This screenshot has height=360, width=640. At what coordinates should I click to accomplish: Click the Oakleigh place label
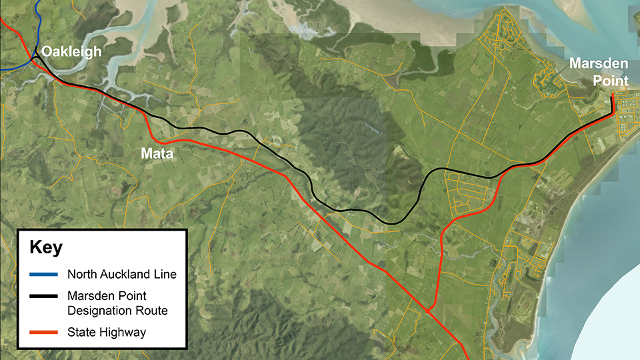pyautogui.click(x=71, y=52)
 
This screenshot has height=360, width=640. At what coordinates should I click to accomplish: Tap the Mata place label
pyautogui.click(x=157, y=154)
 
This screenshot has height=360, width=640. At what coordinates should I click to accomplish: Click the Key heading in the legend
pyautogui.click(x=46, y=248)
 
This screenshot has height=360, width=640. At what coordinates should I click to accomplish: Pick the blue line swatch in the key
pyautogui.click(x=41, y=275)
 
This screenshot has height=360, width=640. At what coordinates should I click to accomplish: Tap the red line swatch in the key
pyautogui.click(x=41, y=331)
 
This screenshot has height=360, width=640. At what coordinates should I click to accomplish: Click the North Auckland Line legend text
pyautogui.click(x=121, y=275)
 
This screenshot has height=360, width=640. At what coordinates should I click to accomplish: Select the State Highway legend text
pyautogui.click(x=105, y=331)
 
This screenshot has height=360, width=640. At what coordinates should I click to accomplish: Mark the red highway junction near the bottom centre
pyautogui.click(x=427, y=311)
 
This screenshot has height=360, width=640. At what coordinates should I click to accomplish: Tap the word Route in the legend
pyautogui.click(x=149, y=310)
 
